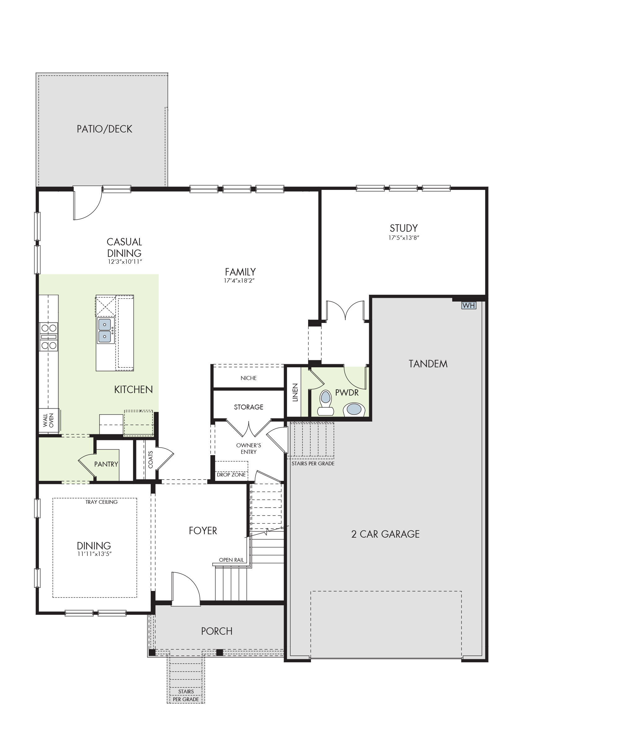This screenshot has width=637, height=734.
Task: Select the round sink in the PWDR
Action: coord(354,409)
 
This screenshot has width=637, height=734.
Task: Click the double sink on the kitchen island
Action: coord(105,330)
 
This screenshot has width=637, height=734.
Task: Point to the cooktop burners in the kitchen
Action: coord(49,337)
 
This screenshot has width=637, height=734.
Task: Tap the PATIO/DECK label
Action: coord(104,129)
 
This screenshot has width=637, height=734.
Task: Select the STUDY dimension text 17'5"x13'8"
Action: coord(404,238)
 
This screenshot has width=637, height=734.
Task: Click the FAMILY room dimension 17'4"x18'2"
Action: coord(240,280)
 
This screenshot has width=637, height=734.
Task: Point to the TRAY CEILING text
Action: coord(101,502)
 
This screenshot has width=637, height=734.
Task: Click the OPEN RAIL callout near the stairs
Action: coord(232,560)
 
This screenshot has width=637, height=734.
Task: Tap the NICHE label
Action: coord(249,378)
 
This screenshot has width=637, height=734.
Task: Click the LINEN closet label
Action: coord(295,392)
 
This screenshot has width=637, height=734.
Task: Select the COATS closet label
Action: coord(150,460)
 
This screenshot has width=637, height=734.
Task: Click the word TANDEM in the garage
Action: coord(428,364)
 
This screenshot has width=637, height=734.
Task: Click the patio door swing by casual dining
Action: coord(87,205)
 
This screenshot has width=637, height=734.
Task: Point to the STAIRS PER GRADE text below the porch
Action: coord(186,695)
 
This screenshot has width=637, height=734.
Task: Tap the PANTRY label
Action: coord(106,464)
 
